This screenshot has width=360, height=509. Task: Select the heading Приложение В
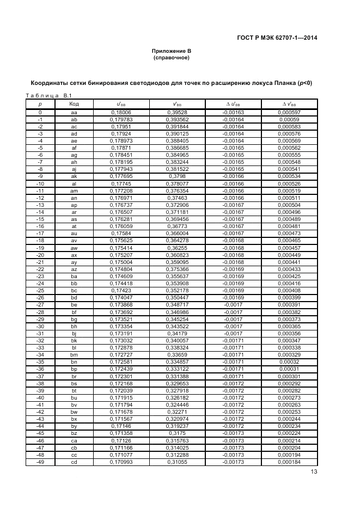click(171, 51)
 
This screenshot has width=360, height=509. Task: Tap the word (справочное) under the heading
click(171, 57)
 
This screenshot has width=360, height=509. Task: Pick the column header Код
click(75, 103)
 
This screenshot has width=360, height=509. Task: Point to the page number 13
click(314, 472)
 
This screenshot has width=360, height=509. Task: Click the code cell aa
click(75, 112)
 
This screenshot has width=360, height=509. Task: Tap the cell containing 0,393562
click(177, 119)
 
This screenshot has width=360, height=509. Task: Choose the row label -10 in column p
click(40, 183)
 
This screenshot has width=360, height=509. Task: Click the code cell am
click(75, 191)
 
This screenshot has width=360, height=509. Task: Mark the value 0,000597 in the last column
click(289, 112)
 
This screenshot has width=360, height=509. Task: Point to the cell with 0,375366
click(177, 269)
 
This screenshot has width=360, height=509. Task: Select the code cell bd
click(75, 298)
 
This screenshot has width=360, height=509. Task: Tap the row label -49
click(40, 462)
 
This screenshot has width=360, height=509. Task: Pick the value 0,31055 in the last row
click(177, 462)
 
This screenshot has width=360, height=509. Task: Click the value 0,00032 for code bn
click(289, 362)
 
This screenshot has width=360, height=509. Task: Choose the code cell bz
click(75, 433)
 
